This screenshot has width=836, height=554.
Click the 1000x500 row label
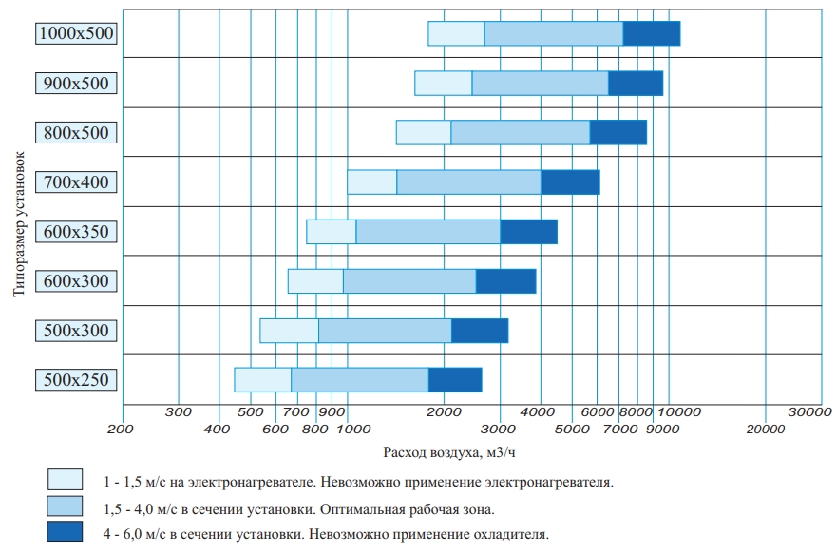click(76, 33)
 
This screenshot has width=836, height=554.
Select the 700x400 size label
click(76, 181)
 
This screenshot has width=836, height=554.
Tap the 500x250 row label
click(76, 380)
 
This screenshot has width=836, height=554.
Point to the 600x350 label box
click(76, 232)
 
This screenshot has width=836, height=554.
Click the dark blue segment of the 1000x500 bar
click(652, 33)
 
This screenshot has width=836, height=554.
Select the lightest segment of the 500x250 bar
click(262, 379)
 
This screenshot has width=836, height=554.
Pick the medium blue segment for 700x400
click(468, 181)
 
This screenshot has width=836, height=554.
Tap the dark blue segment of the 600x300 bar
click(505, 281)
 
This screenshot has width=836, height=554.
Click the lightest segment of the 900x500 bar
click(444, 83)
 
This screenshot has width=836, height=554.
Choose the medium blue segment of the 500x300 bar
click(385, 331)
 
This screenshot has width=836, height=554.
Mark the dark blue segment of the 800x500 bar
click(618, 132)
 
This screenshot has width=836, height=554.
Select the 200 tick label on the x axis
click(121, 430)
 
